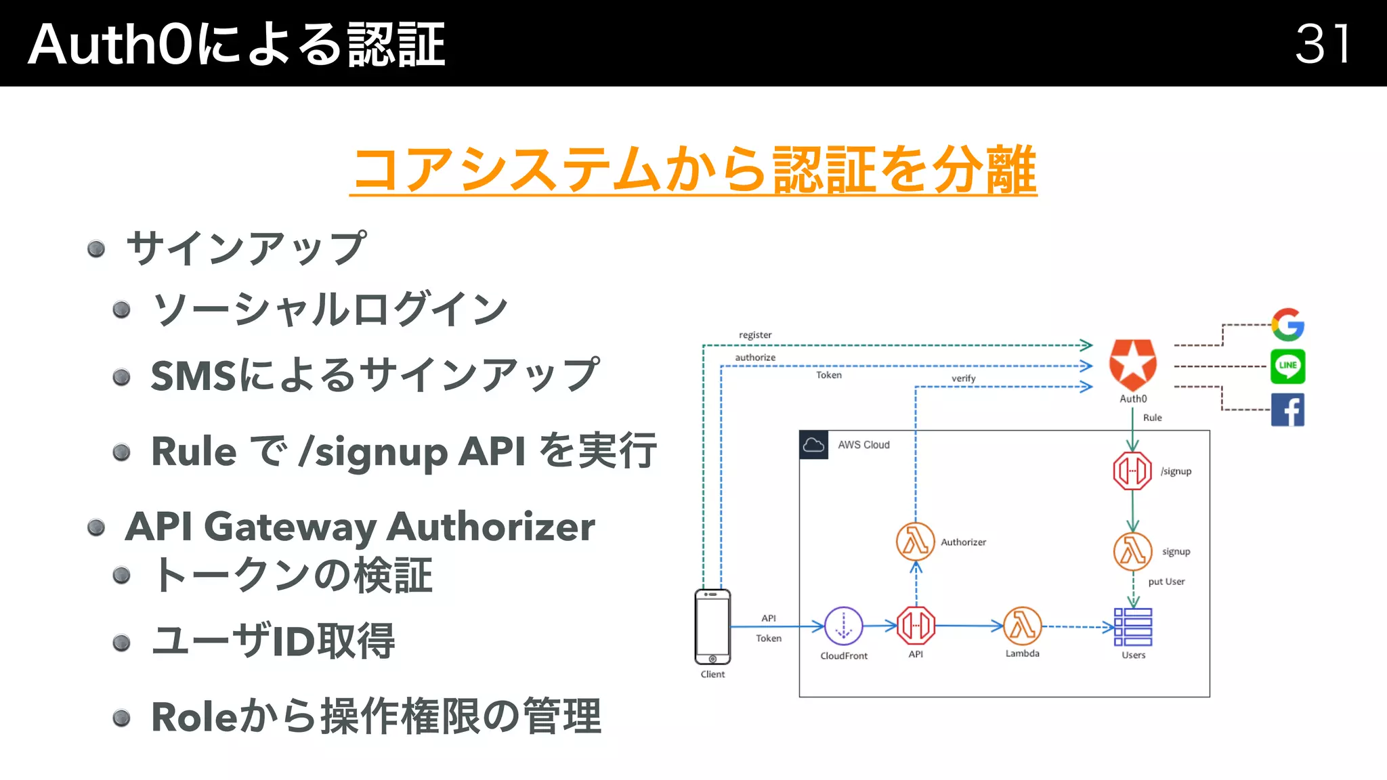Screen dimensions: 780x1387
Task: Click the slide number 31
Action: (x=1323, y=44)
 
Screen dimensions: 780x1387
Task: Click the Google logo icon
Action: (x=1287, y=325)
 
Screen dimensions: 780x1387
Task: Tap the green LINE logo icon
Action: (x=1287, y=366)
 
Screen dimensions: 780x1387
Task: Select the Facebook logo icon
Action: (x=1287, y=410)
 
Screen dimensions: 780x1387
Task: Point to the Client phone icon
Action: (x=712, y=626)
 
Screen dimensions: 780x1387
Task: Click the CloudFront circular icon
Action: (x=843, y=626)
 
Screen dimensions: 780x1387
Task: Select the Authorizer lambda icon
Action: (x=915, y=542)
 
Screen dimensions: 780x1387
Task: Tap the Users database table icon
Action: (x=1133, y=627)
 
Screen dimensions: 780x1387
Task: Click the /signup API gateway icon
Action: (x=1132, y=471)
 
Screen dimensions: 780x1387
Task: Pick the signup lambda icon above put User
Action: (x=1132, y=551)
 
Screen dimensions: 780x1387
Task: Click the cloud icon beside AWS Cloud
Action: (x=813, y=445)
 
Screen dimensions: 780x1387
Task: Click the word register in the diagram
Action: (x=755, y=335)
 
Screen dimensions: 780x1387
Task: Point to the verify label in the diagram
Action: (x=963, y=378)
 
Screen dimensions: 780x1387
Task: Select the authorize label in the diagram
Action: (x=755, y=357)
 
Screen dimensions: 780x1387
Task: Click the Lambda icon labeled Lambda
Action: (x=1022, y=626)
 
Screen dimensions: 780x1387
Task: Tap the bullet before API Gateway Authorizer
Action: (x=96, y=527)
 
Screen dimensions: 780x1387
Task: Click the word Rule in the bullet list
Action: (x=194, y=452)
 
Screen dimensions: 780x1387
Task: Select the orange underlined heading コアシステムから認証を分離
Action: (x=693, y=169)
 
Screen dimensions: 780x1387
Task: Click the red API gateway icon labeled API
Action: (x=916, y=626)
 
